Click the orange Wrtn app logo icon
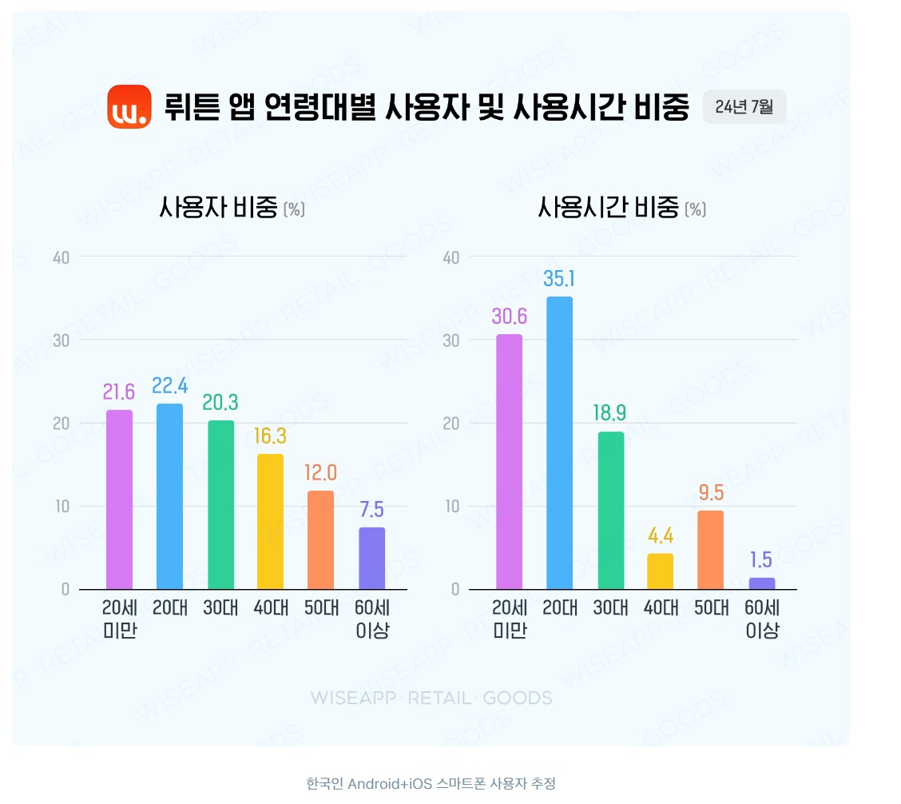click(x=129, y=106)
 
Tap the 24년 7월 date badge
click(x=744, y=107)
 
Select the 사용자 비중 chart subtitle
click(x=232, y=209)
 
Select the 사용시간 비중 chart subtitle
click(x=621, y=209)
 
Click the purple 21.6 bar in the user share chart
click(x=119, y=500)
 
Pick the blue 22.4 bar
click(x=169, y=496)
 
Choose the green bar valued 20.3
click(x=220, y=505)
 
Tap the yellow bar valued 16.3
click(x=270, y=522)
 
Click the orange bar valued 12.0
click(x=320, y=540)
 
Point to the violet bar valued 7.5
click(x=371, y=559)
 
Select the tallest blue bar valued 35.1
click(x=559, y=443)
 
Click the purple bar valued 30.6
click(x=509, y=462)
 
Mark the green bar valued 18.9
click(x=610, y=511)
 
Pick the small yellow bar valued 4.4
click(x=660, y=571)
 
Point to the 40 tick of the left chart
click(x=62, y=257)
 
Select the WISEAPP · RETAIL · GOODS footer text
click(x=431, y=698)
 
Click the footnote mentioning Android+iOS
click(x=431, y=783)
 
